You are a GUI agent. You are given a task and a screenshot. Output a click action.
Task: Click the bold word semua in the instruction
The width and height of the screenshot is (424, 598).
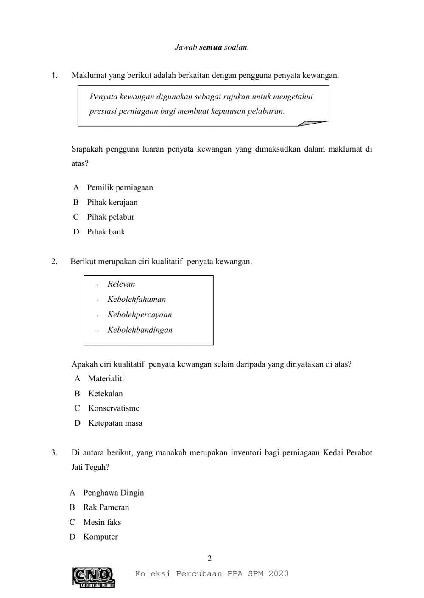(x=210, y=47)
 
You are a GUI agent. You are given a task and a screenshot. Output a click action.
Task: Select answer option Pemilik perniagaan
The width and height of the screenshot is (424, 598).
(x=120, y=187)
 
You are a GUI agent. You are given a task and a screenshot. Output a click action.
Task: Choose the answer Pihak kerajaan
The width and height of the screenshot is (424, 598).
(x=112, y=202)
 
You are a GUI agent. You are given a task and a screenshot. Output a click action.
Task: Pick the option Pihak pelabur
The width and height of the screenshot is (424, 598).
(x=110, y=217)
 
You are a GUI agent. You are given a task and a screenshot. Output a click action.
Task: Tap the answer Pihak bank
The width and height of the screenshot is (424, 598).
(x=106, y=232)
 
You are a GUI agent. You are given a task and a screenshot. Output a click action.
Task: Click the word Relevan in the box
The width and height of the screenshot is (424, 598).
(x=121, y=284)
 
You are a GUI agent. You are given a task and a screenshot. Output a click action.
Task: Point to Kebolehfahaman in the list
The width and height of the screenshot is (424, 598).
(x=136, y=299)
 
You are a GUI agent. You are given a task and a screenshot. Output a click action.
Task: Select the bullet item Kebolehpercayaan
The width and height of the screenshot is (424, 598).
(x=139, y=314)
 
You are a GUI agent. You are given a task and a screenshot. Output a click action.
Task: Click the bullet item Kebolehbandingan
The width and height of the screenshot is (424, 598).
(x=139, y=330)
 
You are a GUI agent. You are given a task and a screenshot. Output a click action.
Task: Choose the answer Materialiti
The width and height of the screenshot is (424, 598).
(x=106, y=379)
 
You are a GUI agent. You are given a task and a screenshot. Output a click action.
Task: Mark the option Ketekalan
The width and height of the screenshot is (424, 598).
(x=105, y=394)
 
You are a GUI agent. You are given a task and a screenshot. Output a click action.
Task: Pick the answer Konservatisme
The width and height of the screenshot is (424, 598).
(x=114, y=408)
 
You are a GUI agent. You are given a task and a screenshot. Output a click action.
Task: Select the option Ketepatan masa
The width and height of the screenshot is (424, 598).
(x=115, y=423)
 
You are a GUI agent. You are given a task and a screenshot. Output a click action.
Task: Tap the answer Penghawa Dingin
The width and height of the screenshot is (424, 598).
(x=113, y=493)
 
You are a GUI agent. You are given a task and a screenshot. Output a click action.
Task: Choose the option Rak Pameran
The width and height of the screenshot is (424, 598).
(x=106, y=507)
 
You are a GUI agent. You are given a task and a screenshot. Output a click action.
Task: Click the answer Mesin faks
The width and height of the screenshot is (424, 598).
(x=102, y=522)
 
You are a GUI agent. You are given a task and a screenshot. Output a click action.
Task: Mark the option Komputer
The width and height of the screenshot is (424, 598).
(x=100, y=537)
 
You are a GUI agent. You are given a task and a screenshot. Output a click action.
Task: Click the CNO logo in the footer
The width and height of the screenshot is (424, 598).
(x=94, y=577)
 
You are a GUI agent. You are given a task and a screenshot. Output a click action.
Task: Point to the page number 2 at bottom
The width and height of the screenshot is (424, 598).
(x=209, y=559)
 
